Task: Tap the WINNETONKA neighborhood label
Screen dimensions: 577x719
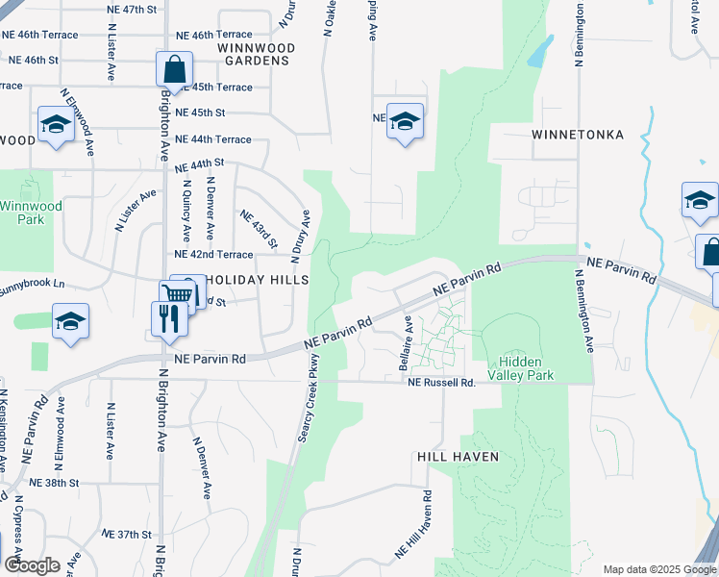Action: (x=577, y=135)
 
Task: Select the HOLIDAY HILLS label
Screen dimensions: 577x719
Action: (x=258, y=280)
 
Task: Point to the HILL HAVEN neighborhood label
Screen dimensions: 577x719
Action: (x=458, y=457)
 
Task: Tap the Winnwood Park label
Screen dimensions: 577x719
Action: (x=30, y=213)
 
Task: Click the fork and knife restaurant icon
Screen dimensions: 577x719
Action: (x=169, y=318)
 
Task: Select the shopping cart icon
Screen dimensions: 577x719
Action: (x=177, y=294)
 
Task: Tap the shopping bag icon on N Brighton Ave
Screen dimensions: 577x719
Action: (x=174, y=69)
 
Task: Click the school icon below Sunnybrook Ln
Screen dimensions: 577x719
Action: (x=71, y=322)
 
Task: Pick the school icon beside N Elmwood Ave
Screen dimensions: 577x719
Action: (x=56, y=125)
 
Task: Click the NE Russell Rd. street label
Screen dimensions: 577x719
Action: (x=441, y=383)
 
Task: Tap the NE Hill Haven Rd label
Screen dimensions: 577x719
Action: (x=414, y=525)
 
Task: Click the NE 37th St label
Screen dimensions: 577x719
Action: (x=127, y=534)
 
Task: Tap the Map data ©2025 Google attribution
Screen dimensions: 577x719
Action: (x=658, y=569)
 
